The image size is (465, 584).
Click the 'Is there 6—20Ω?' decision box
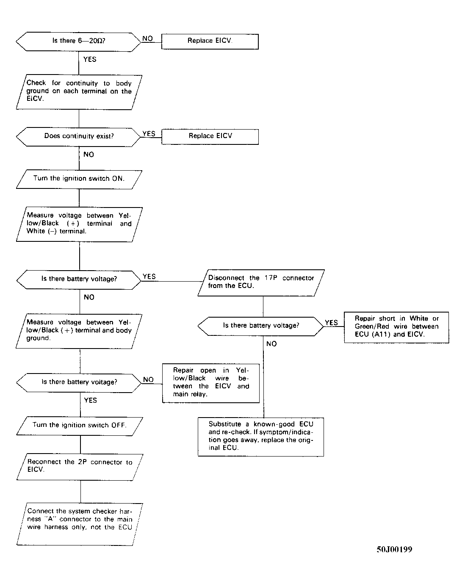tap(78, 42)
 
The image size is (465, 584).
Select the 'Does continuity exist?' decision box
tap(78, 137)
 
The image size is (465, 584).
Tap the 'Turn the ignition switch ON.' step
tap(79, 179)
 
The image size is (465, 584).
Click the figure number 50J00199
tap(394, 550)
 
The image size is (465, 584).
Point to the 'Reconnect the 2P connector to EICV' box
tap(80, 467)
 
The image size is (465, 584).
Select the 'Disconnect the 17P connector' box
tap(261, 282)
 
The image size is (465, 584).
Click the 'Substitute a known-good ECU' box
tap(260, 437)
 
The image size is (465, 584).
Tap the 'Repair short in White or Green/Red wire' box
tap(396, 327)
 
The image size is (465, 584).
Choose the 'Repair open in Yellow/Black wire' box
tap(210, 383)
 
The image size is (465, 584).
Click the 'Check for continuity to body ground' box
tap(79, 92)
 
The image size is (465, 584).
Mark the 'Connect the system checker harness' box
tap(80, 524)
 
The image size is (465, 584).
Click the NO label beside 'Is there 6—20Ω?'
tap(147, 39)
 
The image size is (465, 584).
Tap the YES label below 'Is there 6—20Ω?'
tap(90, 59)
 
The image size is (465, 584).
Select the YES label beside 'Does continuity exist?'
tap(149, 133)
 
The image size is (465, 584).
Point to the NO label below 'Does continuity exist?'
tap(89, 155)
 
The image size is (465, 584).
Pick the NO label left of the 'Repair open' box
tap(148, 379)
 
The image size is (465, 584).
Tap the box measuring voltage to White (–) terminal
tap(79, 224)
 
